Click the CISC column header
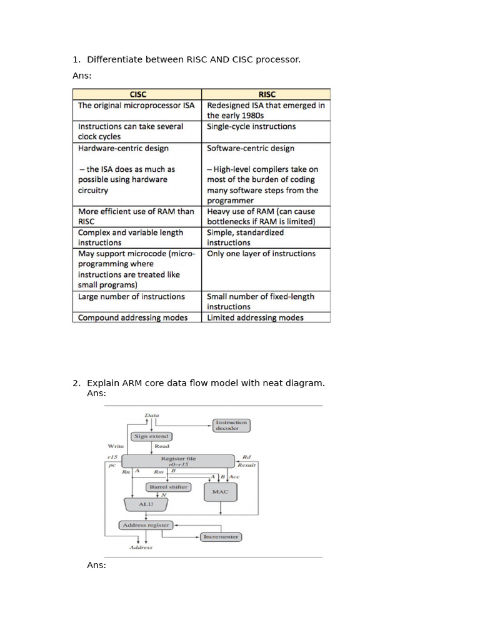pos(137,94)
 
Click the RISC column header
pos(266,94)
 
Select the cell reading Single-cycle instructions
pos(251,126)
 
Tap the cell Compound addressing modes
pos(132,317)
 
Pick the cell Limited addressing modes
pos(255,317)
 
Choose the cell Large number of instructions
pos(131,297)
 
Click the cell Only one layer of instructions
pos(261,254)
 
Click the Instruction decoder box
pos(231,425)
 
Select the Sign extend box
pos(151,436)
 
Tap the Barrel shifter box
pos(168,486)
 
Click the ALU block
pos(146,504)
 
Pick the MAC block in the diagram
pos(220,492)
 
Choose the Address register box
pos(146,525)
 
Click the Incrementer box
pos(221,537)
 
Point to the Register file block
pos(178,461)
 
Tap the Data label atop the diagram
pos(152,415)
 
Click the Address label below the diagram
pos(141,547)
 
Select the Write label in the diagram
pos(116,446)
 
